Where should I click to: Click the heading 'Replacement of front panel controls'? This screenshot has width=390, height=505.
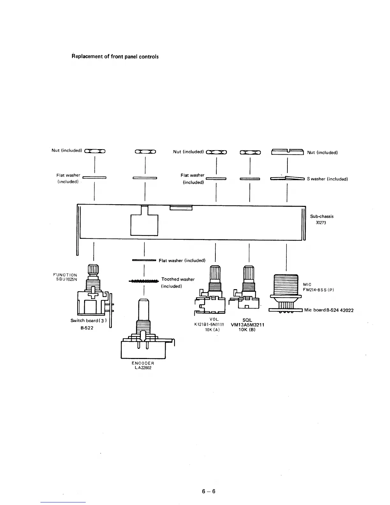pyautogui.click(x=115, y=57)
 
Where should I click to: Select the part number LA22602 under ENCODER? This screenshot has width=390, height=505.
pyautogui.click(x=143, y=368)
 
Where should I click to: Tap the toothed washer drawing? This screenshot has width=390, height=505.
pyautogui.click(x=144, y=281)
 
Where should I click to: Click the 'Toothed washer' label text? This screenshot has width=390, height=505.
pyautogui.click(x=178, y=279)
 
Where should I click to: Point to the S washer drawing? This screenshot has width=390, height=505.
pyautogui.click(x=287, y=179)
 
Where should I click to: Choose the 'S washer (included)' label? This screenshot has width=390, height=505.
pyautogui.click(x=327, y=179)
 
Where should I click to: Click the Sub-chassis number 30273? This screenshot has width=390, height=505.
pyautogui.click(x=321, y=223)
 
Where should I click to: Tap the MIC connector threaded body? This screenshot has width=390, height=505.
pyautogui.click(x=286, y=285)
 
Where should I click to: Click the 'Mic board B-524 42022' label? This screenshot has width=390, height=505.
pyautogui.click(x=329, y=310)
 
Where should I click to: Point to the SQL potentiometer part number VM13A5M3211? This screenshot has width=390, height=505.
pyautogui.click(x=247, y=325)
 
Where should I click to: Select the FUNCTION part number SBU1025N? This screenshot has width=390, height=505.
pyautogui.click(x=67, y=280)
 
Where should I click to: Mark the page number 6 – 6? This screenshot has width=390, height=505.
pyautogui.click(x=209, y=491)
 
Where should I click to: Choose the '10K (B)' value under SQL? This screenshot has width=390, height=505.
pyautogui.click(x=247, y=330)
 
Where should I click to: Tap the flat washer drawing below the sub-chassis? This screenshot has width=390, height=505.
pyautogui.click(x=144, y=260)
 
